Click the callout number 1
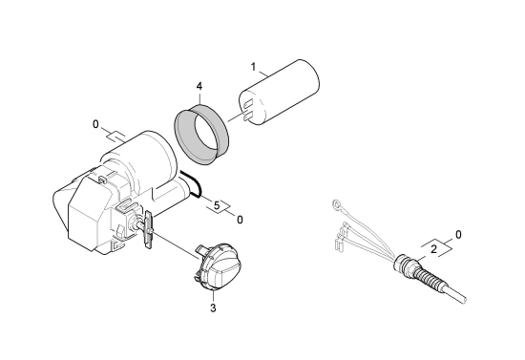click(x=254, y=67)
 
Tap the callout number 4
click(x=199, y=86)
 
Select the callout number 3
click(x=213, y=307)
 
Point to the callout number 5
click(x=217, y=205)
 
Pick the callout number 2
click(x=433, y=249)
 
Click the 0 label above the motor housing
click(x=95, y=124)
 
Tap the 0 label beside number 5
click(x=240, y=220)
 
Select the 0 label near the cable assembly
click(x=458, y=235)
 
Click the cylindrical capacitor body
click(x=279, y=93)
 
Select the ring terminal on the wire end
click(x=336, y=203)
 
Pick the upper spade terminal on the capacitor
click(x=247, y=104)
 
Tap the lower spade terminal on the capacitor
click(x=248, y=116)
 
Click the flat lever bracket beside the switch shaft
click(x=148, y=229)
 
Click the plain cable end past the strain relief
click(x=456, y=294)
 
